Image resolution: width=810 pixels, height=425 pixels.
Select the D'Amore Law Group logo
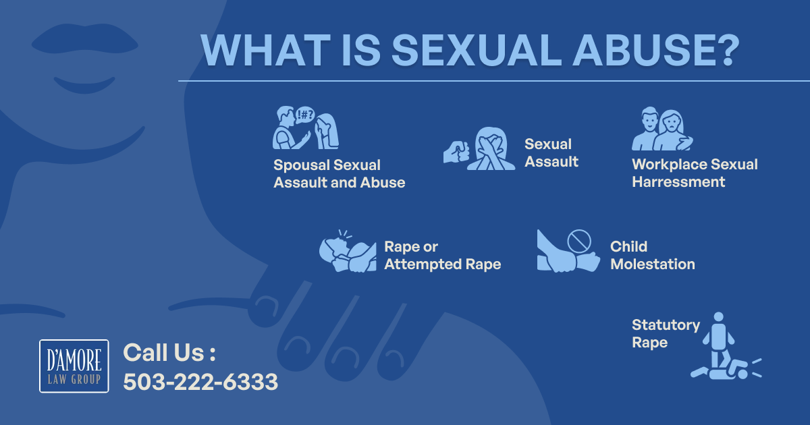click(74, 366)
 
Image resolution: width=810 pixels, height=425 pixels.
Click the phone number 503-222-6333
click(200, 382)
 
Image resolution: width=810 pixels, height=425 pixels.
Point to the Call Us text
click(169, 352)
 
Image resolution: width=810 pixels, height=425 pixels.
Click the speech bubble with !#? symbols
click(305, 115)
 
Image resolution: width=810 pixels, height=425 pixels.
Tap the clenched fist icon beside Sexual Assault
click(456, 152)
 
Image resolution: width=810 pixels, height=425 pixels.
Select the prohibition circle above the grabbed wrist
click(579, 241)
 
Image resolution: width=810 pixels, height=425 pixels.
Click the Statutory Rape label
click(666, 333)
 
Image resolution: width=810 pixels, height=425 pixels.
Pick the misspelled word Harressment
click(678, 181)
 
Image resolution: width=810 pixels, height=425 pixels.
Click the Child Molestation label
click(652, 255)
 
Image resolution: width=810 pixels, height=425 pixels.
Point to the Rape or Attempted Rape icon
click(348, 251)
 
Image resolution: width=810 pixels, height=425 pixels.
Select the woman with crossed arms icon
click(491, 148)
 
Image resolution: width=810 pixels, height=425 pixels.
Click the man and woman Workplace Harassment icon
click(662, 129)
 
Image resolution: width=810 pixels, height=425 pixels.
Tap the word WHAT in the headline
click(265, 50)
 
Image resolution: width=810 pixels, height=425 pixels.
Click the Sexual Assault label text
click(551, 153)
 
